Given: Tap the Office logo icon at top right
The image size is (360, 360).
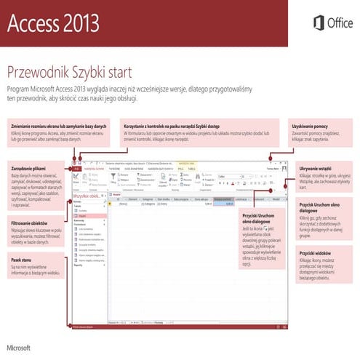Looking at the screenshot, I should [318, 23].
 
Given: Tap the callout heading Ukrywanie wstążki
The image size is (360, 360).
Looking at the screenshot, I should [314, 168].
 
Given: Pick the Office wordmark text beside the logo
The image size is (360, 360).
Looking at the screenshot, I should [340, 23].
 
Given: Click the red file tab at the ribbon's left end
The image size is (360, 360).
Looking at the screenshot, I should [76, 169].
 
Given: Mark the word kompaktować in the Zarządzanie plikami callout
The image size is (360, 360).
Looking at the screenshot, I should [44, 191].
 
